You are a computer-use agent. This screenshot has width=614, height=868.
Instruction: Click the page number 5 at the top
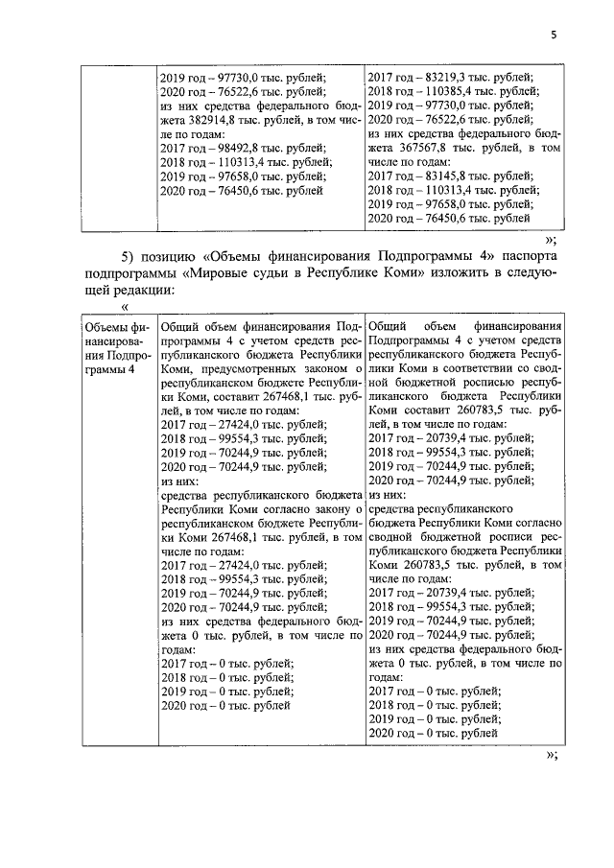pos(554,35)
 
